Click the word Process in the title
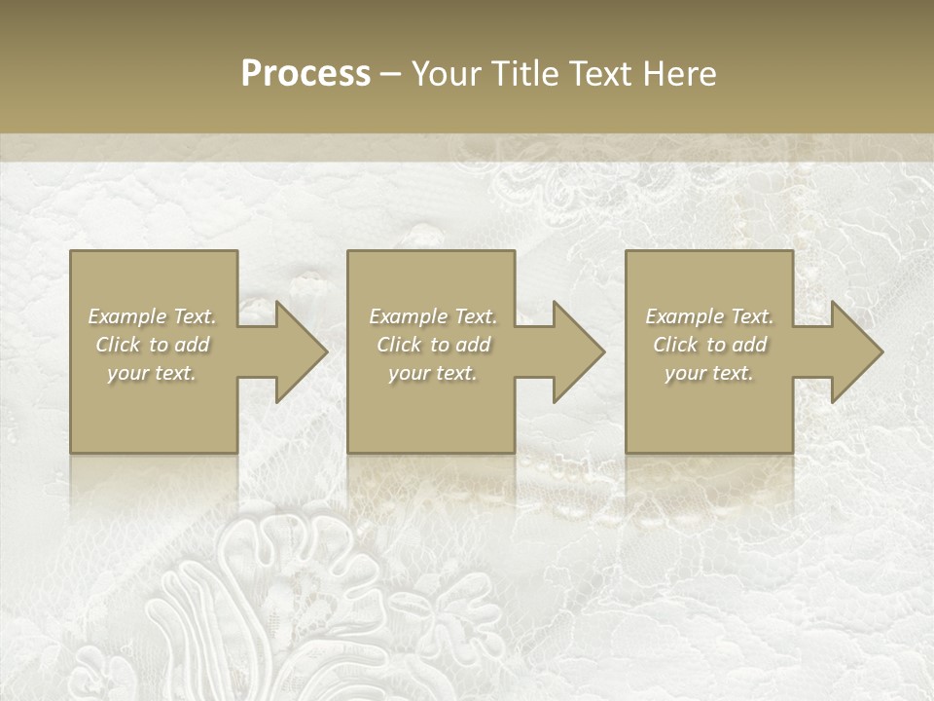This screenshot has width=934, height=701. (x=305, y=74)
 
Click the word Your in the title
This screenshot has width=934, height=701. (x=447, y=74)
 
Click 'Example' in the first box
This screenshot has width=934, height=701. (x=126, y=316)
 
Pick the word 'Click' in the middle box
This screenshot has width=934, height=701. (x=399, y=345)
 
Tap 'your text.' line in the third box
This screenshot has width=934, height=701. (x=709, y=374)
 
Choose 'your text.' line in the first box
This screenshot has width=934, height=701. (x=152, y=374)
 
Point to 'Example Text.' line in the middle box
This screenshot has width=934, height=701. (x=433, y=316)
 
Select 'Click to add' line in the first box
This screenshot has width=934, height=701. (x=153, y=345)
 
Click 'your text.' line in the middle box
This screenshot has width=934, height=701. (x=432, y=374)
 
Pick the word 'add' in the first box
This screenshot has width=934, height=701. (x=194, y=345)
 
